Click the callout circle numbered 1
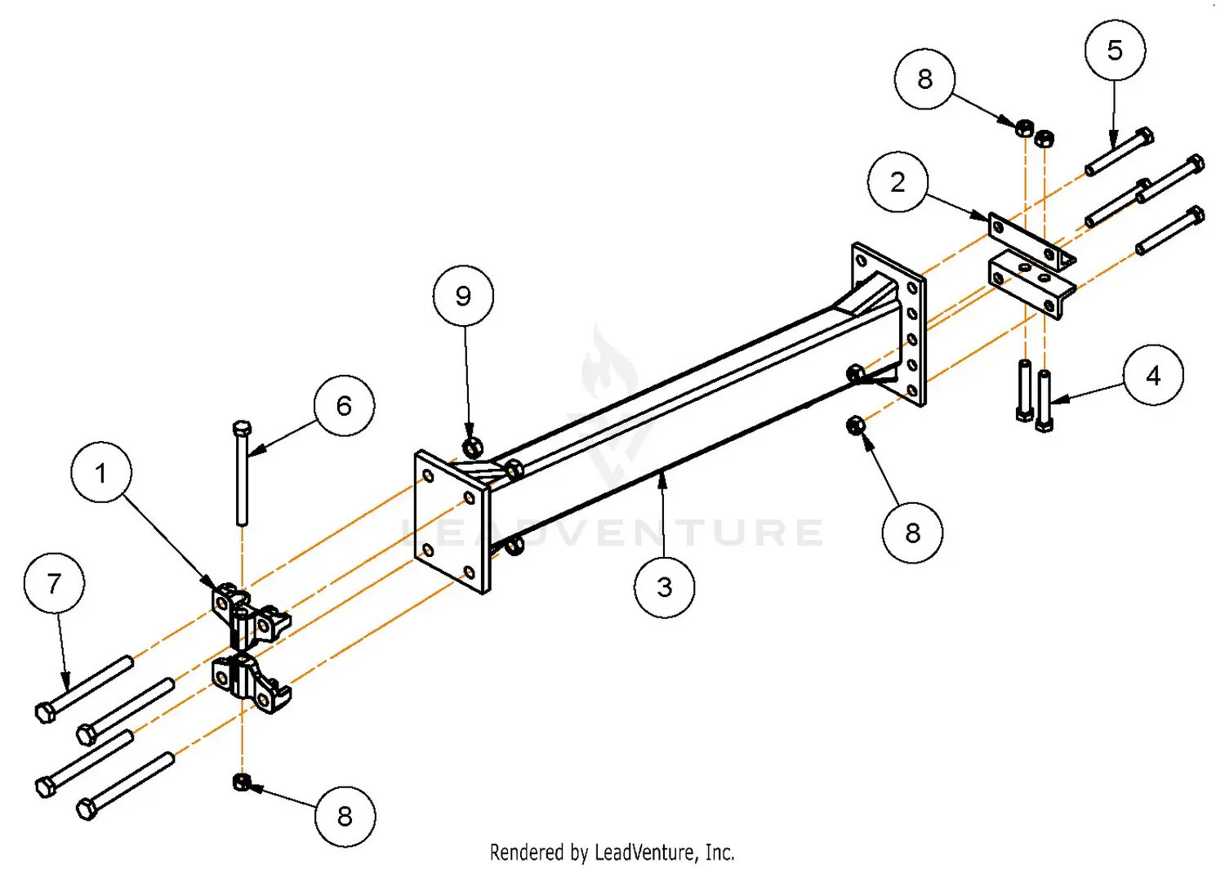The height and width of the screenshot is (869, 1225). (101, 472)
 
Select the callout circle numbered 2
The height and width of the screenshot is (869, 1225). (898, 181)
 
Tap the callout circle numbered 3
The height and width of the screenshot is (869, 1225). (664, 586)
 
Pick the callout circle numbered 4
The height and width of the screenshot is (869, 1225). (1152, 375)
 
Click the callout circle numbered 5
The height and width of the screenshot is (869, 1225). (1115, 50)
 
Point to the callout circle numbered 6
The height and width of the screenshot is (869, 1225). (344, 405)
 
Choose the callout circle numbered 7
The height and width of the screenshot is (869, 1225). (54, 583)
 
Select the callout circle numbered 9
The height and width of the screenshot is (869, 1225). (463, 295)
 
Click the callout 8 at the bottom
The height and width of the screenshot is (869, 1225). (345, 816)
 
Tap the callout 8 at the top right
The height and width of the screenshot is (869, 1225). (924, 78)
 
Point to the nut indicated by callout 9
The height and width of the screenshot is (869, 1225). (472, 447)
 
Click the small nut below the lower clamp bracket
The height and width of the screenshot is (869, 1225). (241, 782)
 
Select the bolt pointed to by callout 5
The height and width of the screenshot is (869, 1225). (1119, 152)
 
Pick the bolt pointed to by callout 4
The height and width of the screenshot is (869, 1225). (1044, 400)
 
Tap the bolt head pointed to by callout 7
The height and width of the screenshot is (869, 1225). (46, 712)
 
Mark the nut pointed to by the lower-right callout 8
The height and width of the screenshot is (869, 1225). (855, 426)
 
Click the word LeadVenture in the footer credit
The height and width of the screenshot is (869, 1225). (647, 853)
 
